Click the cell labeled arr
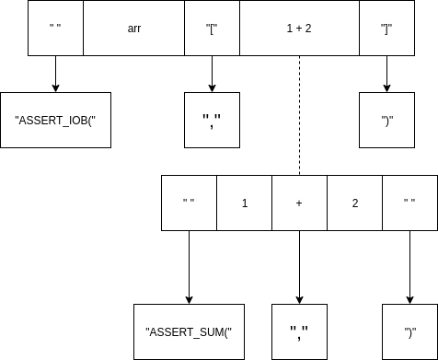[x=133, y=29]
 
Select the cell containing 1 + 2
[x=299, y=29]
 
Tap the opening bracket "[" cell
[x=212, y=29]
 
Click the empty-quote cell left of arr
[x=55, y=29]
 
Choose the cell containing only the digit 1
[x=244, y=203]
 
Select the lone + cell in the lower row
[x=299, y=203]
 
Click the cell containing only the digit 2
[x=354, y=203]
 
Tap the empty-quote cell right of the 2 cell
[x=409, y=203]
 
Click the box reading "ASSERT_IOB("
[x=55, y=121]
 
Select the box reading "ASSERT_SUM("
[x=189, y=331]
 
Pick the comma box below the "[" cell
[x=212, y=121]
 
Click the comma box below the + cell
[x=299, y=331]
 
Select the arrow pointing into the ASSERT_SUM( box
[x=189, y=267]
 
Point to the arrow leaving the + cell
[x=299, y=267]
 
